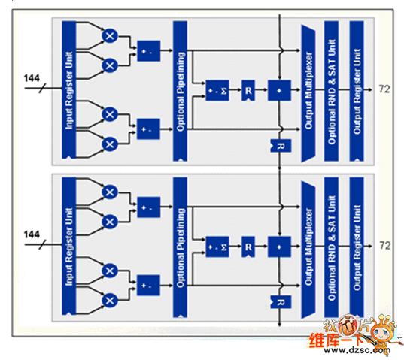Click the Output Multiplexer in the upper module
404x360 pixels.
tap(308, 89)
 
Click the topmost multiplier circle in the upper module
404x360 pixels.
tap(110, 35)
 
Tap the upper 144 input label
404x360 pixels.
tap(32, 78)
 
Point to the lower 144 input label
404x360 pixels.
tap(32, 234)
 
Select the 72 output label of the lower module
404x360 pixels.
tap(384, 245)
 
